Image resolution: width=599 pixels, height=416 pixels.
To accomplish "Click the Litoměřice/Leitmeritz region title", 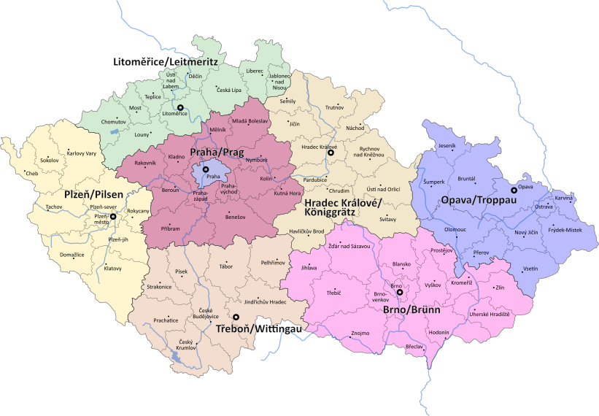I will (166, 62).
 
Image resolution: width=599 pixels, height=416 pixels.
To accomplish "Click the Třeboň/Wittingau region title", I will (260, 329).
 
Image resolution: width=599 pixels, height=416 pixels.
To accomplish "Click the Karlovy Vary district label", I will (80, 153).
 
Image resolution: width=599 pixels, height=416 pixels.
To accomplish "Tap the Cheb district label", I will (31, 174).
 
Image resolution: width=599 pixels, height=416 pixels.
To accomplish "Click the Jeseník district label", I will (447, 146).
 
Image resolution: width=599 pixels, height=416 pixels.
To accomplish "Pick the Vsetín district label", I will (530, 269).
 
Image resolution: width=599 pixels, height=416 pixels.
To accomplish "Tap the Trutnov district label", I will (334, 108).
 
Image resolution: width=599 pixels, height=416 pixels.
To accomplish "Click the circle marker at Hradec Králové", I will (331, 153).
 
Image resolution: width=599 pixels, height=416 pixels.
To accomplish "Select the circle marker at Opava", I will (514, 190).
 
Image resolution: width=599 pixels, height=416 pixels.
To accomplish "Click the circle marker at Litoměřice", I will (181, 107).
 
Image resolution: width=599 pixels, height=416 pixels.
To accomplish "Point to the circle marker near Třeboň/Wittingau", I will (236, 317).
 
